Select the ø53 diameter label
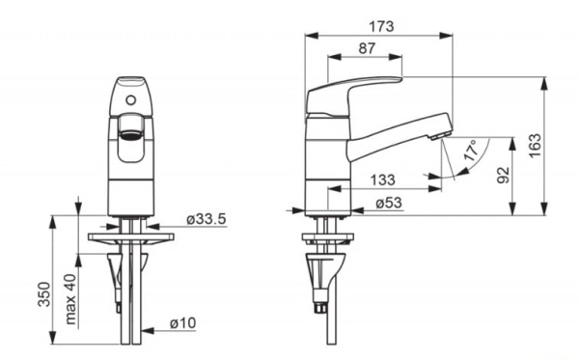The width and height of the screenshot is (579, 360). pos(389,203)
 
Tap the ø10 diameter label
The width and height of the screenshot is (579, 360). pos(186,321)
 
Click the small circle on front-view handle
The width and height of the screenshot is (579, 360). pos(130,97)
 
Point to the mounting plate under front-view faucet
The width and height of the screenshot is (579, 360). pos(132,234)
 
